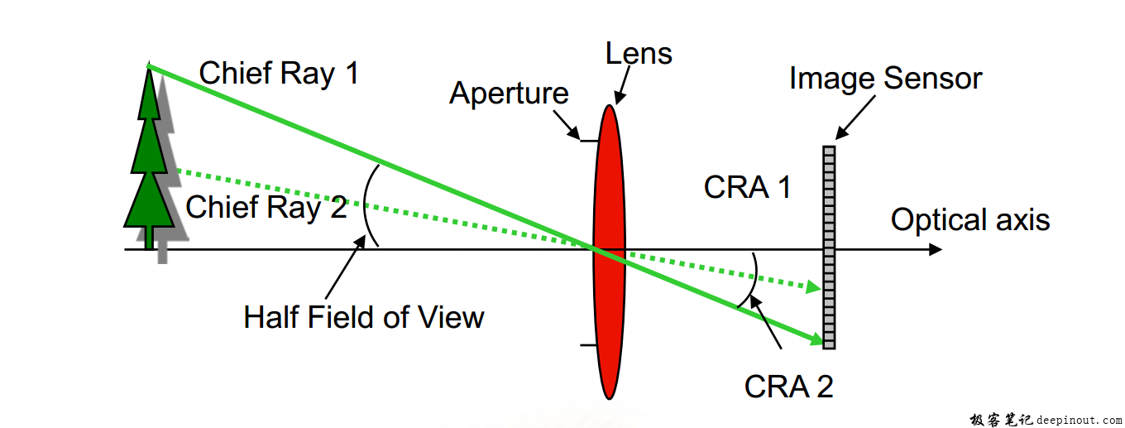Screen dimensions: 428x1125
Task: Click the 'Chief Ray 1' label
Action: coord(279,74)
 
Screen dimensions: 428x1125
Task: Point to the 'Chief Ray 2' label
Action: coord(266,207)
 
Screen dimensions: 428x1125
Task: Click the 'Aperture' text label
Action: coord(509,94)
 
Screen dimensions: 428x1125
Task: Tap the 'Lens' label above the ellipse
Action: coord(639,54)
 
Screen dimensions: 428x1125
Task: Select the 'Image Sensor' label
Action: coord(885,79)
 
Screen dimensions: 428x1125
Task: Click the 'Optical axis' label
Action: coord(970,220)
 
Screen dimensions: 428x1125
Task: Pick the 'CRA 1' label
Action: coord(747,188)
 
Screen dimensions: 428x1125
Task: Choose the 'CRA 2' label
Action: coord(788,386)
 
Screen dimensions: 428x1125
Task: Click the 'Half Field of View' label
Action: coord(364,317)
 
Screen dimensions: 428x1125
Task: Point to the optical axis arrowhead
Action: coord(935,249)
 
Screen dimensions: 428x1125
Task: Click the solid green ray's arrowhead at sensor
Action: coord(817,339)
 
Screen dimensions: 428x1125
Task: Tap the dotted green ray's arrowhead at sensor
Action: coord(814,287)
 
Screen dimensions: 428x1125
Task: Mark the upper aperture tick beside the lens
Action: coord(587,142)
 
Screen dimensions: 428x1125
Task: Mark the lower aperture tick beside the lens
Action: coord(587,344)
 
